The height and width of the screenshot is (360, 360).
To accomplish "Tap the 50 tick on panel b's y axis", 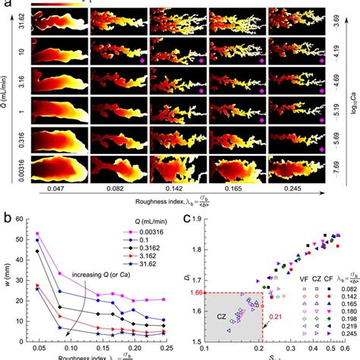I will (25, 239).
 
